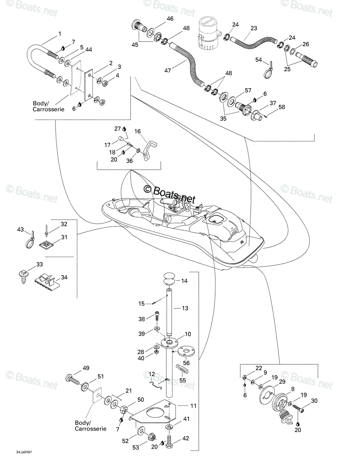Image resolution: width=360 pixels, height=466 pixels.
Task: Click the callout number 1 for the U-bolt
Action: [60, 34]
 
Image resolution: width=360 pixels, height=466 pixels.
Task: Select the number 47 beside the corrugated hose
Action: [168, 70]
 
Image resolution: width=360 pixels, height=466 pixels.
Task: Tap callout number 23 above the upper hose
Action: [254, 28]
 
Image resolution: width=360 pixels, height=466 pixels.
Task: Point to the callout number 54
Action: [259, 60]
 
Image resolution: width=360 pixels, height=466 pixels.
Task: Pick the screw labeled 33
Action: [23, 277]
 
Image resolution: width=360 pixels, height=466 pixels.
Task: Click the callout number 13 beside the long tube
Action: [185, 308]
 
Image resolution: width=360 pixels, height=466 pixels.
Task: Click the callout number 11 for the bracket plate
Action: [193, 406]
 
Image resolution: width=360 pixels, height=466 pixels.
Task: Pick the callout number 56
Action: [186, 363]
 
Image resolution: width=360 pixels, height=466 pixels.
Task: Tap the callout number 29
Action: [282, 381]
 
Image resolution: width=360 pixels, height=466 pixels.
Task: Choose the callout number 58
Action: [282, 107]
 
